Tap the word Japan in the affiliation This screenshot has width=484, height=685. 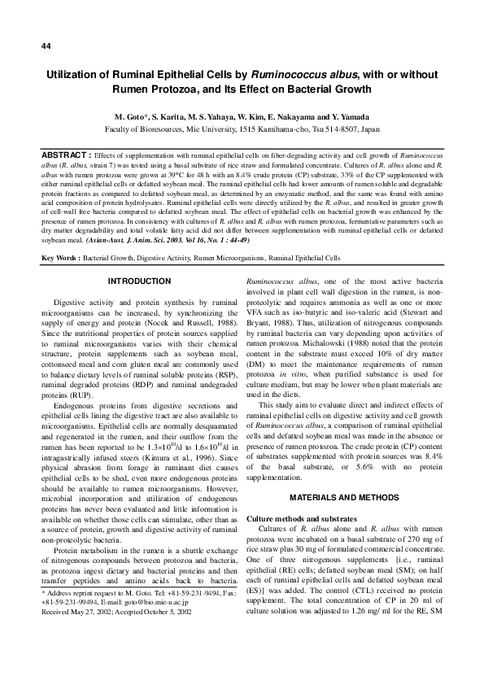click(368, 129)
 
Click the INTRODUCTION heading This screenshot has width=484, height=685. click(139, 281)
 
